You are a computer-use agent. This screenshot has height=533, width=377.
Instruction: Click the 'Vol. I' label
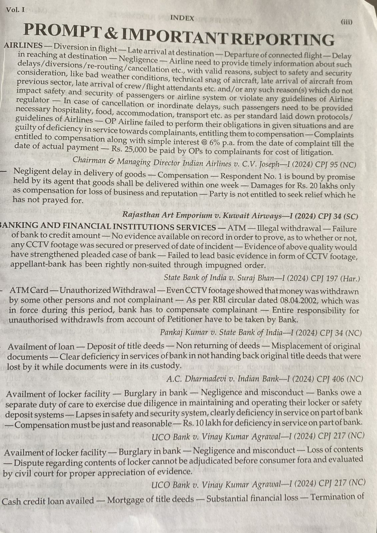15,10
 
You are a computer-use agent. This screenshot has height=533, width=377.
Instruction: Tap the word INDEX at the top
182,19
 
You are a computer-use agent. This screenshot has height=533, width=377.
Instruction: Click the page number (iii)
346,22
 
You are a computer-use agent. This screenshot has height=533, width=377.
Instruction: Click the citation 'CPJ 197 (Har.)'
335,277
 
